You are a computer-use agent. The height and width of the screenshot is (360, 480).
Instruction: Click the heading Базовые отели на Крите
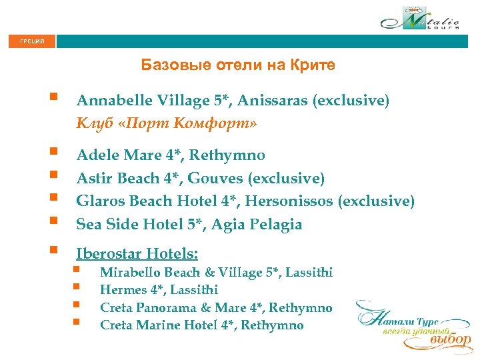238,65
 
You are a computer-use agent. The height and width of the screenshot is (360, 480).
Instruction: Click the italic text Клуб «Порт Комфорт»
167,123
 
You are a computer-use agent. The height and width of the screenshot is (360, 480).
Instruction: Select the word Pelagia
276,225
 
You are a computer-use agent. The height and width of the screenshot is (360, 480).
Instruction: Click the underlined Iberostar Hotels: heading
137,253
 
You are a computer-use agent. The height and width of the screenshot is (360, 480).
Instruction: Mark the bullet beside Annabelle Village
53,99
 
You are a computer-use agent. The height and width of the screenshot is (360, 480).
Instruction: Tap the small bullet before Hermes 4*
77,289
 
